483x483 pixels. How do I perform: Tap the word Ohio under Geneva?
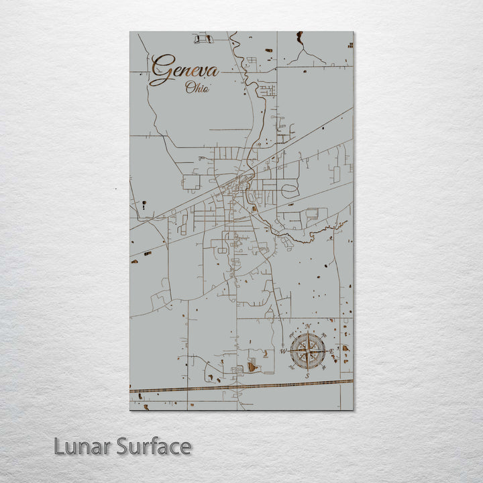coord(197,87)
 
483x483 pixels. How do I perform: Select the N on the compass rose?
coord(308,327)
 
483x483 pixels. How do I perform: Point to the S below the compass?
coord(308,376)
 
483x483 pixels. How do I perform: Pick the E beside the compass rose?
coord(332,351)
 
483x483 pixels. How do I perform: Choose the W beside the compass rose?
coord(283,351)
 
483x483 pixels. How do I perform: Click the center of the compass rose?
coord(308,351)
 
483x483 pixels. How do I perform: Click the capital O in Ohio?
coord(190,87)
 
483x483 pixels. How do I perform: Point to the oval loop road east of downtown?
coord(290,191)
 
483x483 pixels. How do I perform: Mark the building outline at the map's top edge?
coord(203,39)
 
